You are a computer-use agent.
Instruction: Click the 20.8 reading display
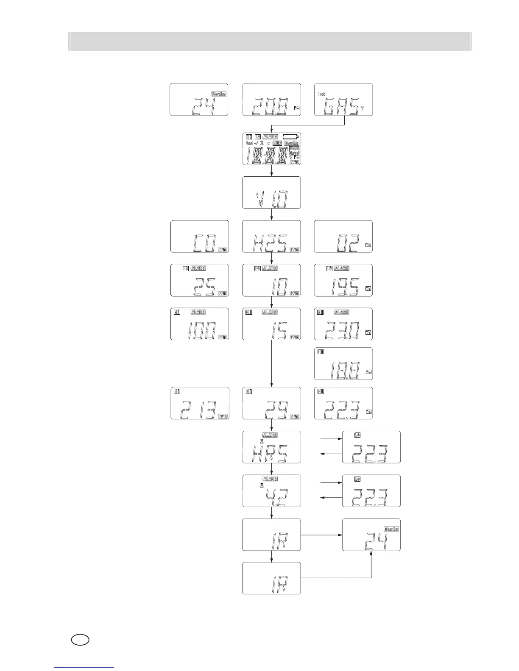(271, 100)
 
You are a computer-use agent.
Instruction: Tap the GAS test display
(343, 100)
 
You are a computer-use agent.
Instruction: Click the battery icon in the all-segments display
(291, 137)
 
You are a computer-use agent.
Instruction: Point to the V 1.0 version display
(271, 193)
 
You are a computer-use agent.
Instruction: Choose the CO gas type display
(199, 236)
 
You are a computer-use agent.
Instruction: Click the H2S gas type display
(271, 236)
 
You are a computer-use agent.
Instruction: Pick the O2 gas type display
(343, 236)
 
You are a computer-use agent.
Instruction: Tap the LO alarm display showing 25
(199, 280)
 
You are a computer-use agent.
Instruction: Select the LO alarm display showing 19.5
(343, 280)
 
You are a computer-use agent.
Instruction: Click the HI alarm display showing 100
(199, 324)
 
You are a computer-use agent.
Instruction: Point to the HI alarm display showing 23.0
(343, 324)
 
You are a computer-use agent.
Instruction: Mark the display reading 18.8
(343, 363)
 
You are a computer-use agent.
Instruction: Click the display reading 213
(199, 403)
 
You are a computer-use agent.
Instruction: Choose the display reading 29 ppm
(271, 403)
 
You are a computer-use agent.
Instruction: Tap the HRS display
(271, 447)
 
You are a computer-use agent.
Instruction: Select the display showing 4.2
(271, 491)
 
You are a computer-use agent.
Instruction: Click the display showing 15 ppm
(271, 324)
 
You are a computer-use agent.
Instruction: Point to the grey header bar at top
(270, 42)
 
